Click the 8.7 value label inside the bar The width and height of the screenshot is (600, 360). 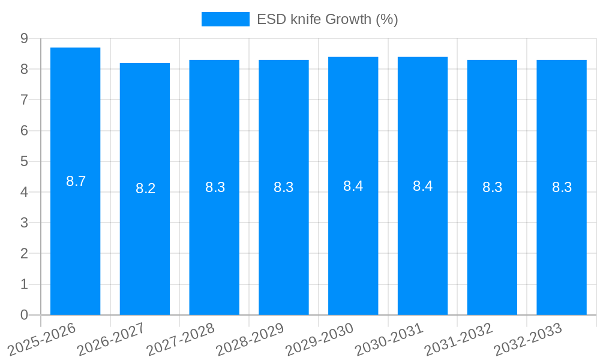tap(76, 181)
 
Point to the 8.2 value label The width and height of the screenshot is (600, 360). tap(145, 188)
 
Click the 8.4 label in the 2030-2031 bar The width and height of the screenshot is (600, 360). tap(422, 186)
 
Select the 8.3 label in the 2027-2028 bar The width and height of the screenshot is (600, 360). tap(215, 187)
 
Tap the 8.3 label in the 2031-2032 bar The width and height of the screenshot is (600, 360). tap(492, 187)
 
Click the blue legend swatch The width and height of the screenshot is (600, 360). tap(225, 19)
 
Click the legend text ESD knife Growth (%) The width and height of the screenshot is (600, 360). tap(327, 19)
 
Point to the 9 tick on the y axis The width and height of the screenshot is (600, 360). tap(24, 38)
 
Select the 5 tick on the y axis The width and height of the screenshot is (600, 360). tap(24, 161)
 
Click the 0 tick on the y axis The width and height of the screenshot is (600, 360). tap(24, 315)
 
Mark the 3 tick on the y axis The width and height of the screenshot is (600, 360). tap(24, 223)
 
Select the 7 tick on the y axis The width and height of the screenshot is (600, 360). tap(24, 100)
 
